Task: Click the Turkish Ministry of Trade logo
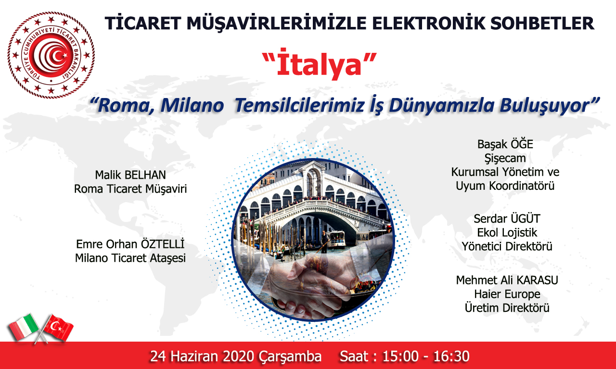click(51, 55)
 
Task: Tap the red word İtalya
click(319, 64)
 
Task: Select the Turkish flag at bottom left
click(58, 328)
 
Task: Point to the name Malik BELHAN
click(130, 175)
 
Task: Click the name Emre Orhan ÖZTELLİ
click(130, 244)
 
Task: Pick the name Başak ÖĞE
click(505, 144)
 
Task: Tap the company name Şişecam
click(505, 159)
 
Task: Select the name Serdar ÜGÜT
click(507, 219)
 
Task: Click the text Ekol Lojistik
click(507, 233)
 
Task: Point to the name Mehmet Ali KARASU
click(507, 280)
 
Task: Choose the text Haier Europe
click(507, 294)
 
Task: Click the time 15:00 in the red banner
click(400, 356)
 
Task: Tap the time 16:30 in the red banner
click(451, 356)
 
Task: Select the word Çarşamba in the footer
click(290, 357)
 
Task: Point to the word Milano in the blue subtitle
click(192, 105)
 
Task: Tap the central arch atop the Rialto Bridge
click(313, 176)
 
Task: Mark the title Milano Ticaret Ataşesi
click(130, 258)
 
